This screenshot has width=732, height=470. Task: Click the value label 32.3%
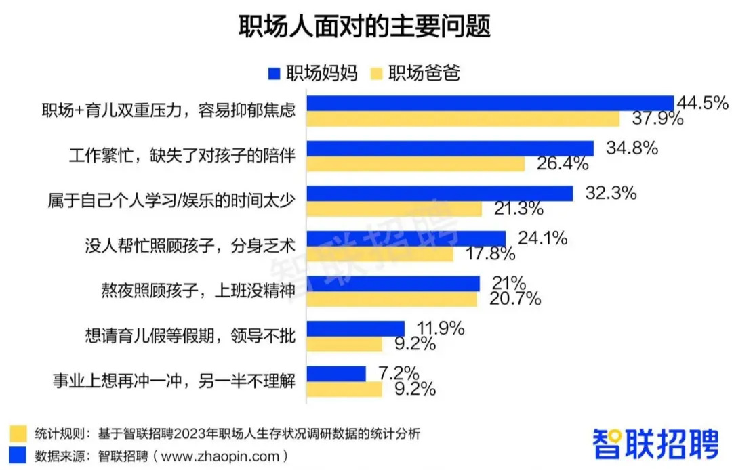tap(611, 193)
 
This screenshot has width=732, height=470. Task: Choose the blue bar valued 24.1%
tap(407, 238)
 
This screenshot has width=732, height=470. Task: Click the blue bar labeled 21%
tap(394, 283)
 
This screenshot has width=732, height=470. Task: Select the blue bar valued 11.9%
tap(356, 328)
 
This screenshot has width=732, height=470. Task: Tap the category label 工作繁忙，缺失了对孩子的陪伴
tap(182, 156)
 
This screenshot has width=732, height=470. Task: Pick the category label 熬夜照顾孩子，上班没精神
tap(197, 291)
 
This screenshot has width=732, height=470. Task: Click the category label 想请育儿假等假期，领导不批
tap(190, 335)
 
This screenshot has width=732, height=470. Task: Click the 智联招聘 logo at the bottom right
tap(655, 444)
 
